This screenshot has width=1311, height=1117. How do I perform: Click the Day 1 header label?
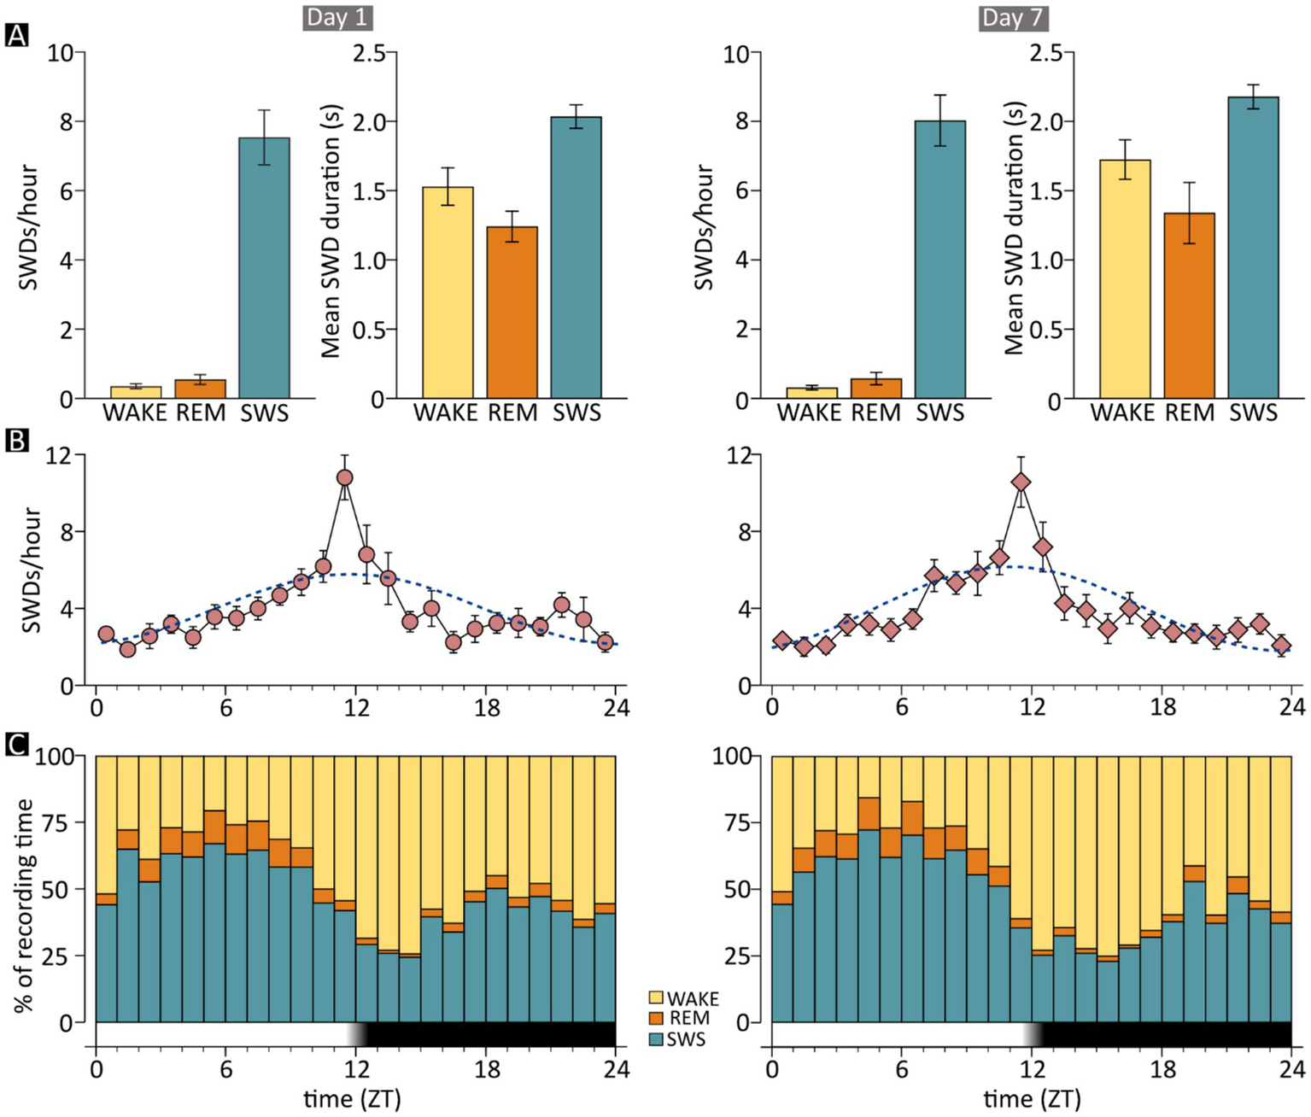tap(338, 18)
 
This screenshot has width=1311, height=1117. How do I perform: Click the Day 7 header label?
tap(1014, 18)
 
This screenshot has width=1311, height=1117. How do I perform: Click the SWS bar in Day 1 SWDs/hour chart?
tap(264, 268)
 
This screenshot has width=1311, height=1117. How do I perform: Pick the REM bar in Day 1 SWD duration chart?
tap(512, 313)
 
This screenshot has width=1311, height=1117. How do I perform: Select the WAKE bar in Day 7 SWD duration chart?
tap(1124, 280)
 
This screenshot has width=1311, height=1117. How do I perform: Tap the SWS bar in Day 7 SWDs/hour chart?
tap(939, 260)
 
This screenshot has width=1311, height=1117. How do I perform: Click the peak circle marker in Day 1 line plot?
tap(345, 477)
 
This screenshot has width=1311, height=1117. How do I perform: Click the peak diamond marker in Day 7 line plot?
tap(1020, 482)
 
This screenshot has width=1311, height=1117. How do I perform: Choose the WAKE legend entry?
tap(684, 998)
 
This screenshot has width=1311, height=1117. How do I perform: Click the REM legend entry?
tap(680, 1018)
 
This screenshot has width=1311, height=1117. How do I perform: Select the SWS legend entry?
tap(678, 1039)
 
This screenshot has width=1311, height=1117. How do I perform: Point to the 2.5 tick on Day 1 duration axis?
tap(370, 53)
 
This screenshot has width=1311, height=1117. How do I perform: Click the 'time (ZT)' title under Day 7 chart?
tap(1032, 1098)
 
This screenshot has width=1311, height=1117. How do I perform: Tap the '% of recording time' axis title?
tap(25, 905)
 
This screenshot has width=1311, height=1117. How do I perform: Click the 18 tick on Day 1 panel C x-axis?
tap(487, 1069)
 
